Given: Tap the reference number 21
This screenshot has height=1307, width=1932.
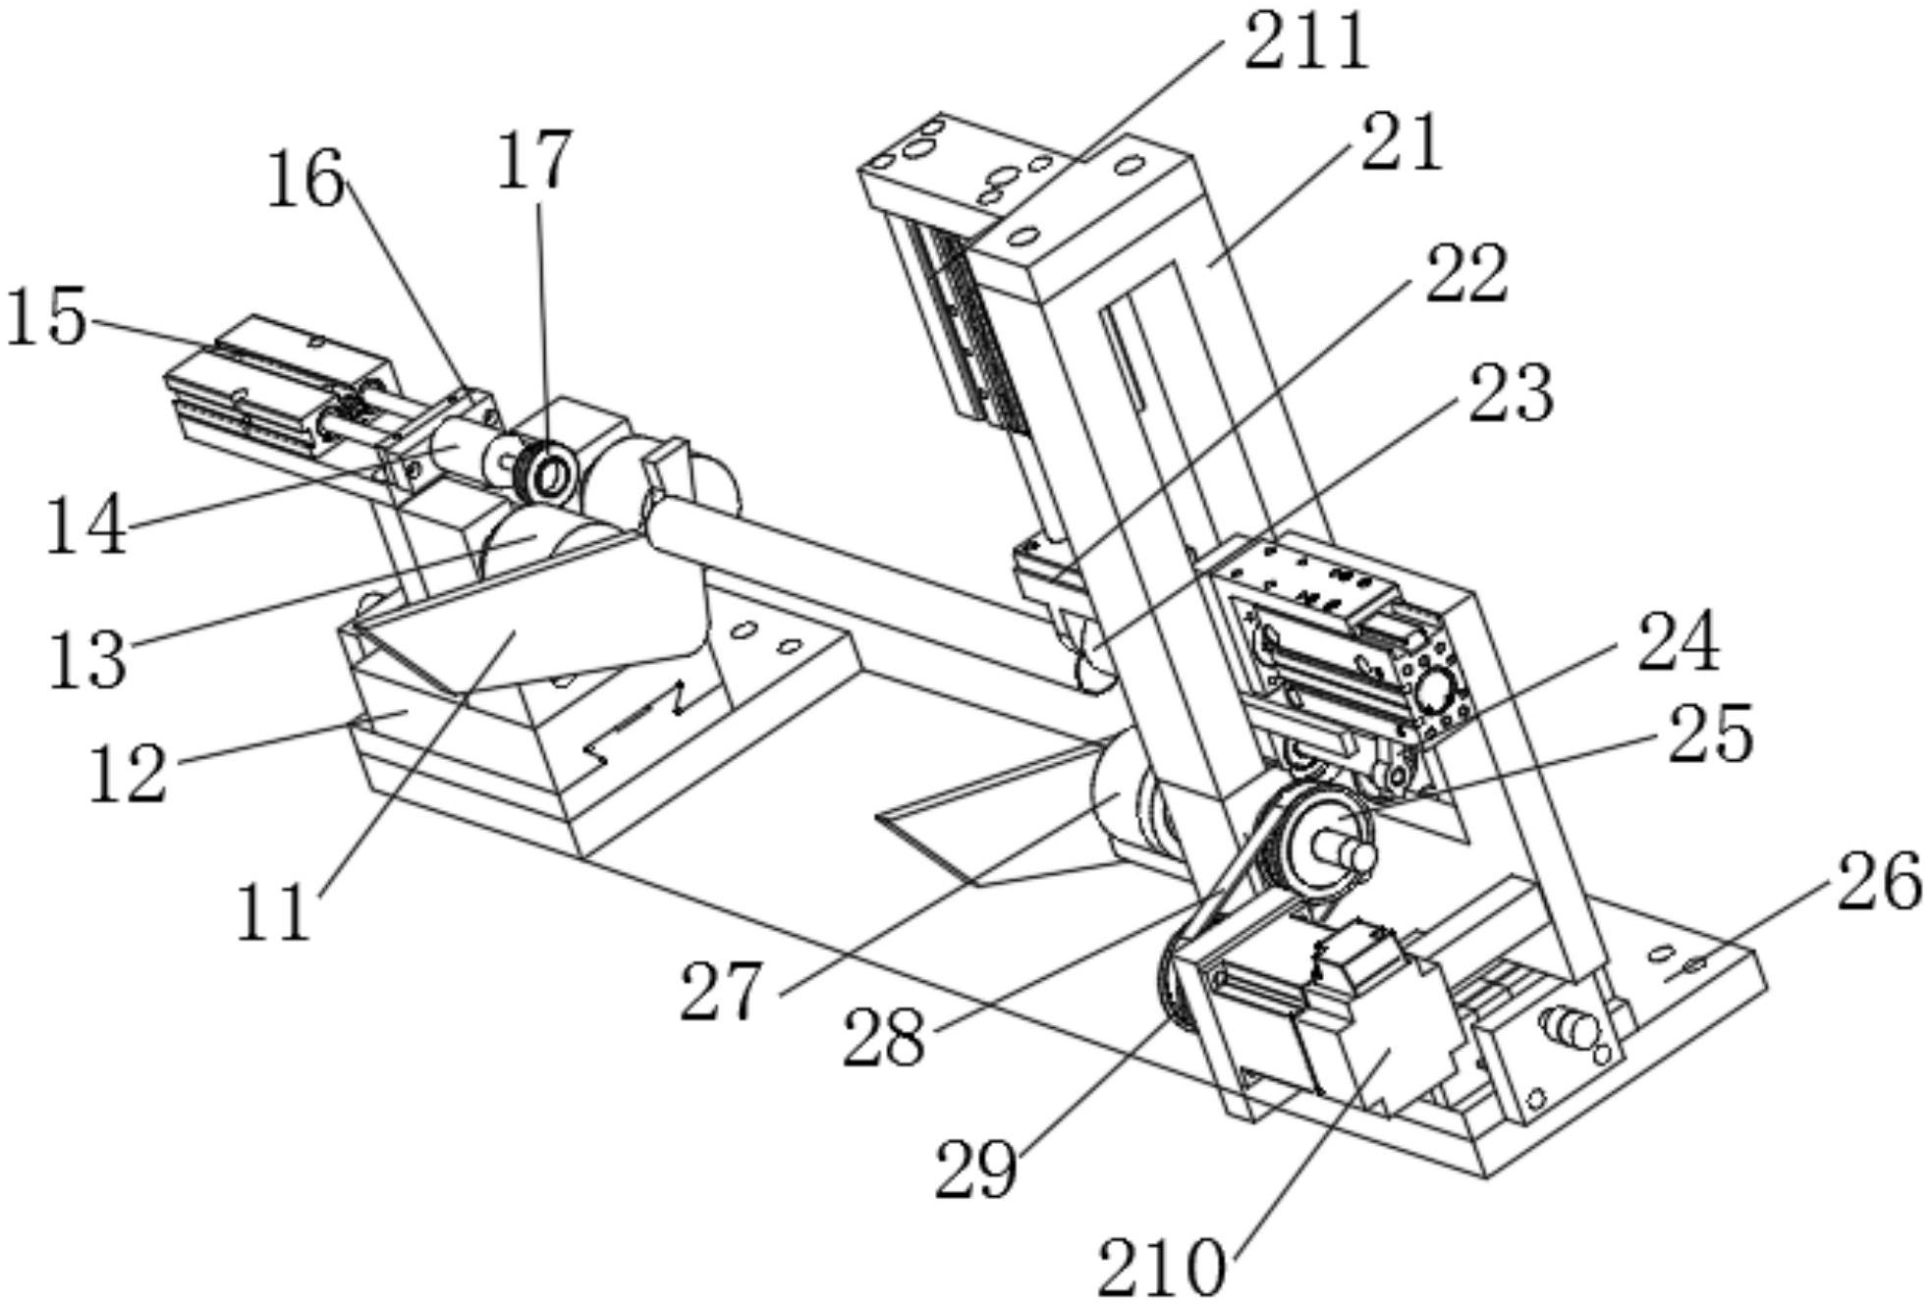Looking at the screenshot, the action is tap(1402, 143).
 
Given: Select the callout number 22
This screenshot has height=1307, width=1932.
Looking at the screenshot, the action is tap(1466, 274).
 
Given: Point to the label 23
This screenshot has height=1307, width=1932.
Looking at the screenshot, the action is tap(1510, 393).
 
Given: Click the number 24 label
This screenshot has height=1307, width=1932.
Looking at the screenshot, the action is tap(1678, 641).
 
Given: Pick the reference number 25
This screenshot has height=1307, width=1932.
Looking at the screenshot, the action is tap(1710, 734).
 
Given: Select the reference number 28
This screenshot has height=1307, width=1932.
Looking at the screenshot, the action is tap(884, 1038).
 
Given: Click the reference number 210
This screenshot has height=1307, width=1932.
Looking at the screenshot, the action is tap(1162, 1268).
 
